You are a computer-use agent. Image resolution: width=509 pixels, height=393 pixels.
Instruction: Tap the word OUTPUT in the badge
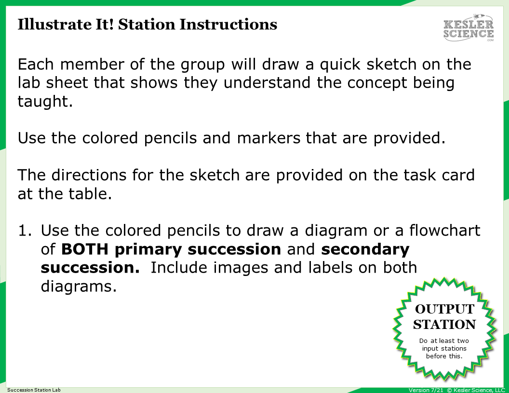(444, 309)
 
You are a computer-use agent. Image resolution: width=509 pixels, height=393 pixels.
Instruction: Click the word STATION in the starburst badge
(444, 324)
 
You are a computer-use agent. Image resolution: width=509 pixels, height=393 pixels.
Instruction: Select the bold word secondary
(365, 249)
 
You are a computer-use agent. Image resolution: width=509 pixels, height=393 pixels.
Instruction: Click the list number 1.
(24, 231)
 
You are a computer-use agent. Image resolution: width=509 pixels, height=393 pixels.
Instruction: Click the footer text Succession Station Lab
(34, 390)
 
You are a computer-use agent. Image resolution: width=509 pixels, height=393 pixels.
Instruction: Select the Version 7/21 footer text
(426, 390)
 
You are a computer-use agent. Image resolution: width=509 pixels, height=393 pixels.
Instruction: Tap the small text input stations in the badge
(444, 348)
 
